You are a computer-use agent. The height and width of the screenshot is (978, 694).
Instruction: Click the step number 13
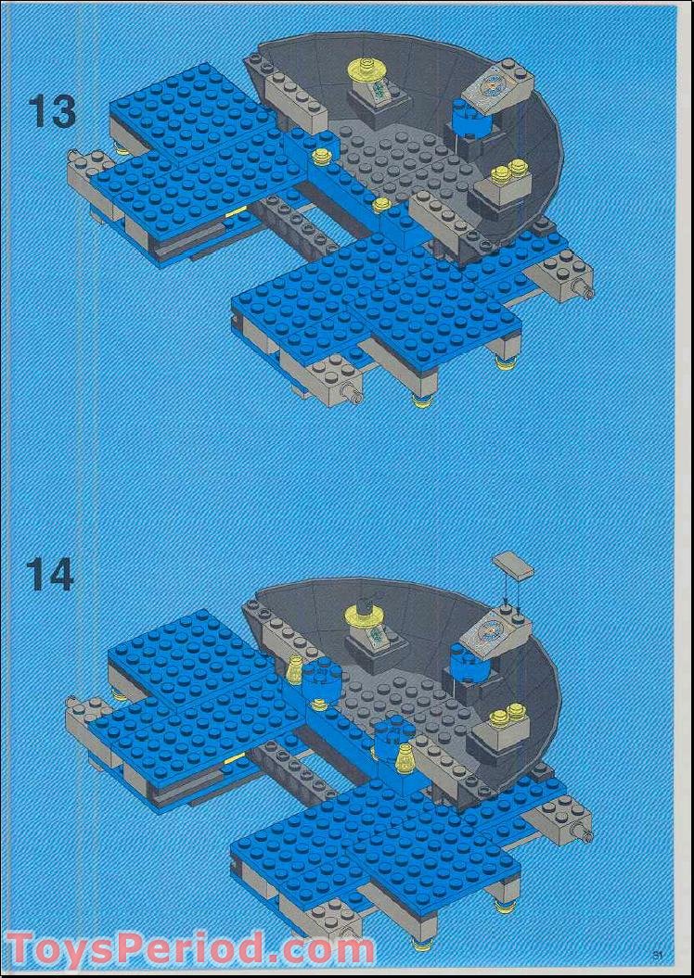[51, 112]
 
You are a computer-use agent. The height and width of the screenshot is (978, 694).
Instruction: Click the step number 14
[49, 575]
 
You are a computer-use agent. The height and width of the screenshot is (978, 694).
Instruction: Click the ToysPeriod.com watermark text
[190, 948]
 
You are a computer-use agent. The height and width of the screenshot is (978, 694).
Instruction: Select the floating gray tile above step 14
[514, 566]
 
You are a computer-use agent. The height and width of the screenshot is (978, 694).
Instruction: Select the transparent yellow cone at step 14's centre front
[406, 761]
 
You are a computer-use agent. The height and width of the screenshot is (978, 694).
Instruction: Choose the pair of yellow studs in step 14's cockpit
[508, 713]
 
